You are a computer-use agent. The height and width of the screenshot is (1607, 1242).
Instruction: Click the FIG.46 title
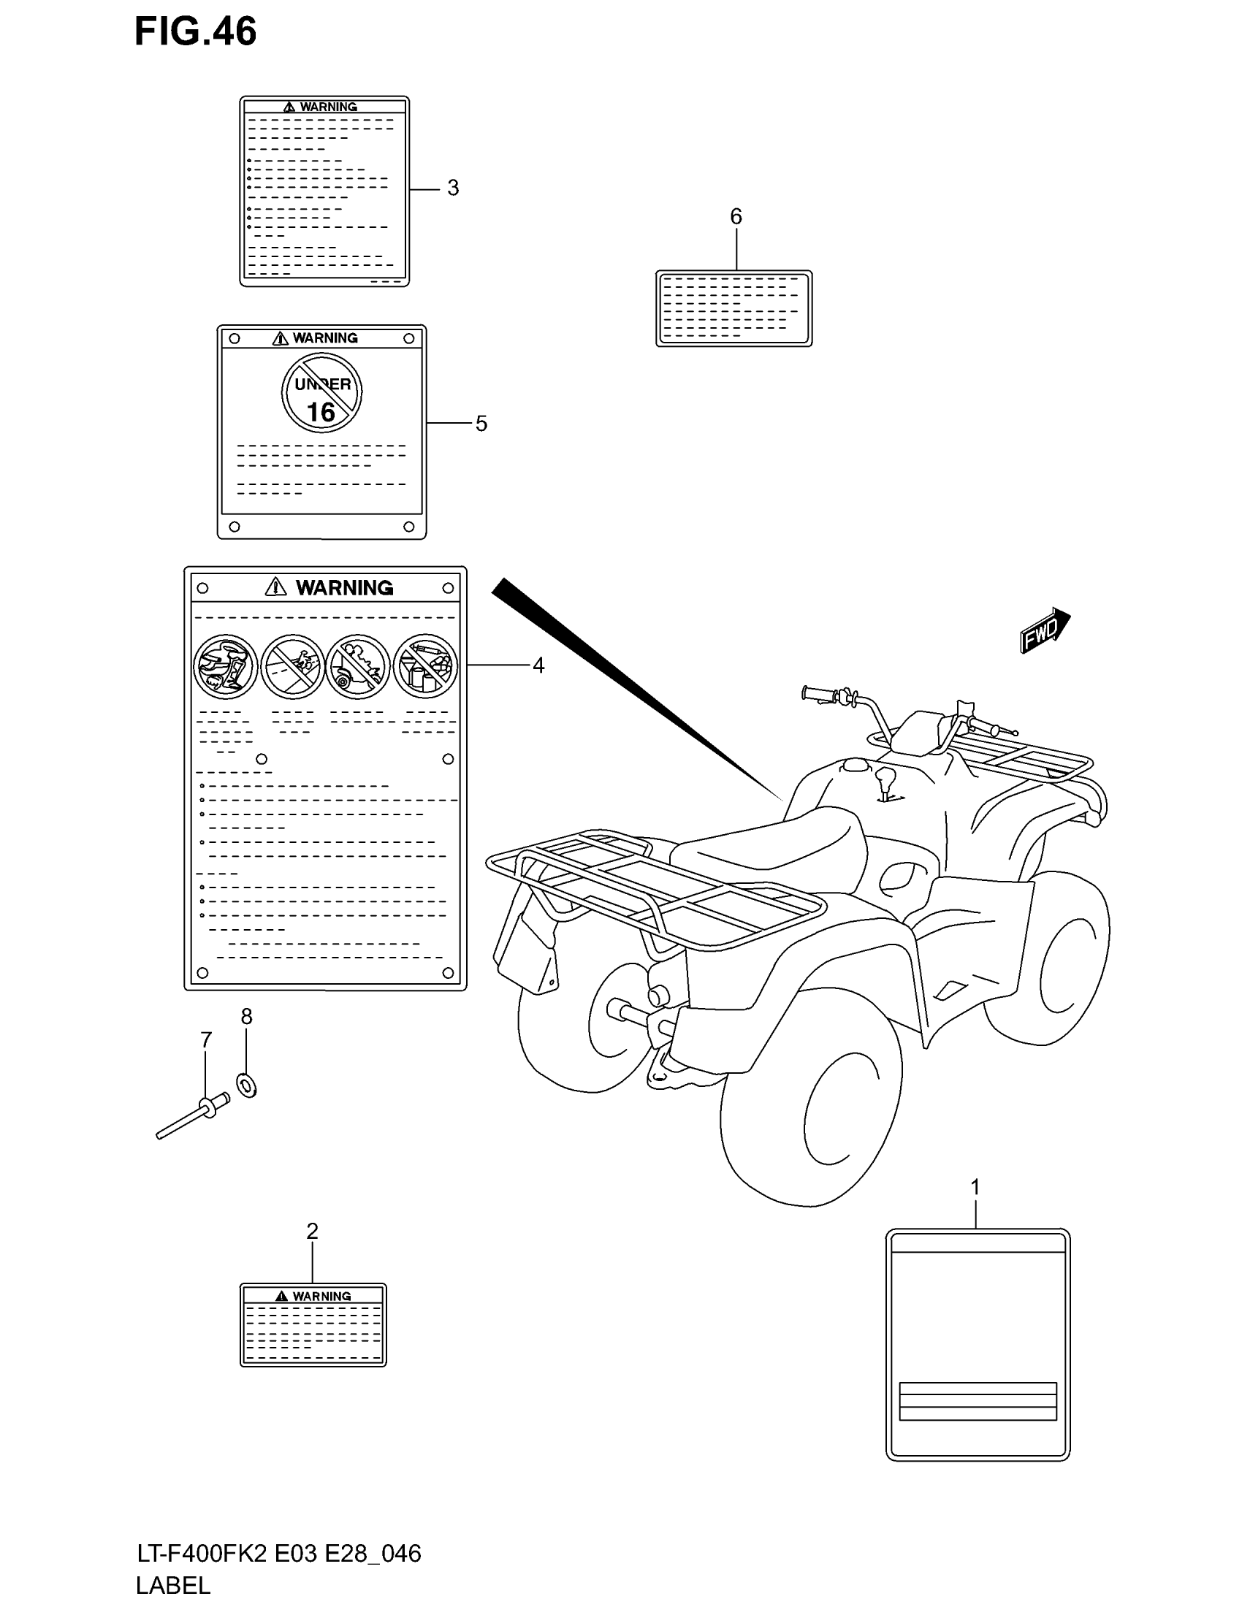(195, 31)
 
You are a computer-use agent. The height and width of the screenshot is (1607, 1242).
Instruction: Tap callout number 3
(453, 188)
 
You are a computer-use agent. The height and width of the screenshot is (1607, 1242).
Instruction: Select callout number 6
(736, 216)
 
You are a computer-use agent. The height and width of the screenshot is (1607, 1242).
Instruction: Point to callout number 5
(481, 424)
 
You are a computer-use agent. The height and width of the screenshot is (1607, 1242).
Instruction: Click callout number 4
(538, 665)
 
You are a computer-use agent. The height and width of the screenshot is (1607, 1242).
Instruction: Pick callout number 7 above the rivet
(206, 1039)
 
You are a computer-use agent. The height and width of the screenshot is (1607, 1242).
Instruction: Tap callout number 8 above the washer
(246, 1016)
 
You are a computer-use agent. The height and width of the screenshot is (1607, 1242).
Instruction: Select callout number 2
(312, 1231)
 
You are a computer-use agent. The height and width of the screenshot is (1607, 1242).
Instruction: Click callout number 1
(975, 1187)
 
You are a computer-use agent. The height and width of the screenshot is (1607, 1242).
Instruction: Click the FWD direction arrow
(1044, 630)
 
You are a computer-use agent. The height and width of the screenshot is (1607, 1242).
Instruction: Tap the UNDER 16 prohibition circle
(321, 393)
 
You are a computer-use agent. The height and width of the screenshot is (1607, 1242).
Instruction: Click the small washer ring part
(247, 1085)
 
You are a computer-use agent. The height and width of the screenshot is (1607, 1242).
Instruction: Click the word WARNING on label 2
(321, 1297)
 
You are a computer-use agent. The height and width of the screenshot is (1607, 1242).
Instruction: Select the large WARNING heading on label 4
(344, 588)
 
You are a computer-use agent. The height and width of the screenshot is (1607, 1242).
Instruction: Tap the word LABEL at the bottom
(174, 1585)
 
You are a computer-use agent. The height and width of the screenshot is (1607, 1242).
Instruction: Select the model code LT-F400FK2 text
(202, 1554)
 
